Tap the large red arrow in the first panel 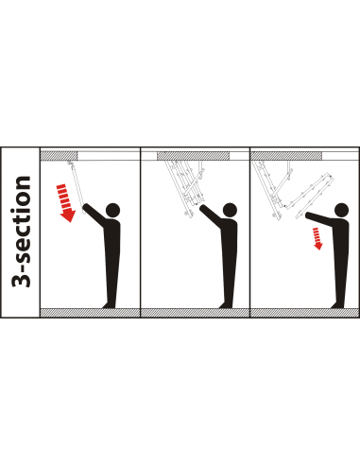coord(66,203)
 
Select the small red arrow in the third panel coord(317,238)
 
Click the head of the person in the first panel coord(113,210)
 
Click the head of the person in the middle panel coord(230,210)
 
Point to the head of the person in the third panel coord(341,210)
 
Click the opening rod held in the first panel coord(77,186)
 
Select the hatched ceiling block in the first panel coord(59,156)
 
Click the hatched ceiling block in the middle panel coord(193,156)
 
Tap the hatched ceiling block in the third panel coord(286,156)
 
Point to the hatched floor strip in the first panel coord(90,313)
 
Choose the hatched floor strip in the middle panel coord(195,313)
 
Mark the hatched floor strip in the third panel coord(304,313)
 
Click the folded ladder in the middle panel coord(185,187)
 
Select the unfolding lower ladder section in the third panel coord(310,196)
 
